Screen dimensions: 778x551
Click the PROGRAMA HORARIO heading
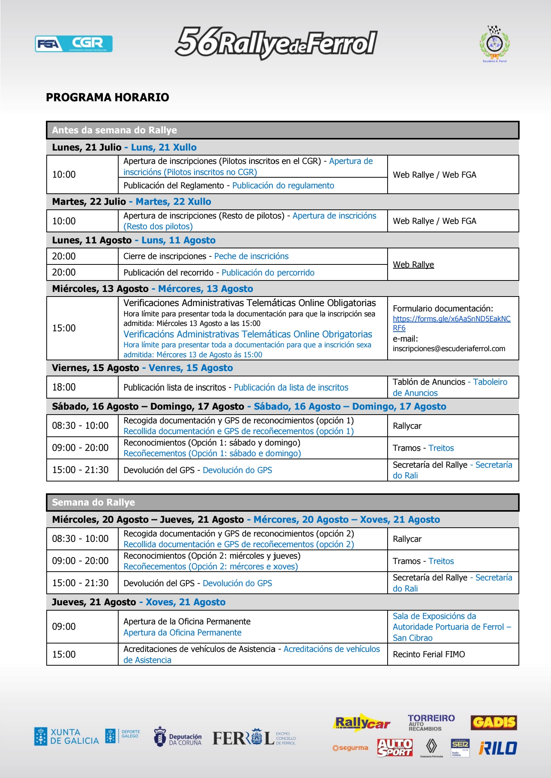tap(108, 97)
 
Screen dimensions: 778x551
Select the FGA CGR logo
tap(73, 44)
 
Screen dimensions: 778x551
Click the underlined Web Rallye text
tap(413, 264)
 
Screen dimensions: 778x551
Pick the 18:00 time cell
tap(64, 387)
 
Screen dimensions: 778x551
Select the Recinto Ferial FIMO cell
tap(429, 654)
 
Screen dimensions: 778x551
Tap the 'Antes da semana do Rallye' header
tap(114, 130)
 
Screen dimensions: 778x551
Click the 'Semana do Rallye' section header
tap(93, 502)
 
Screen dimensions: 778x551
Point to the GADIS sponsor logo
tap(494, 722)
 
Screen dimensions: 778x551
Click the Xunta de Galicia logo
tap(67, 736)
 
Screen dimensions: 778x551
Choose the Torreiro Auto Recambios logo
tap(431, 723)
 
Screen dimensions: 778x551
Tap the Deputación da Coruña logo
tap(178, 737)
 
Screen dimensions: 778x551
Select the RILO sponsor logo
tap(498, 748)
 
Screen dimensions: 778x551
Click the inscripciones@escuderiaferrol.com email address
tap(449, 348)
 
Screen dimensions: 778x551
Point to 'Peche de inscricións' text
tap(251, 256)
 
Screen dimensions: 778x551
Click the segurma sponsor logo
tap(350, 748)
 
